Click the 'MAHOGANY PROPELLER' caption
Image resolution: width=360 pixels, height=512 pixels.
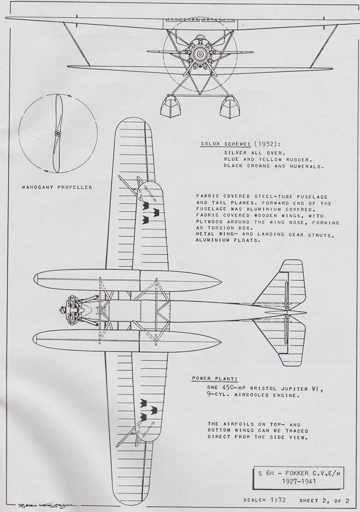[57, 187]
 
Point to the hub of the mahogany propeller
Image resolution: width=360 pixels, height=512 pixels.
[58, 133]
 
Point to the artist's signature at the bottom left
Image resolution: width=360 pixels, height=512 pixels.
[44, 505]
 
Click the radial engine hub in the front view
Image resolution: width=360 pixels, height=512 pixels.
[200, 53]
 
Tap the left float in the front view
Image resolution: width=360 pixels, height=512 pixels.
[170, 107]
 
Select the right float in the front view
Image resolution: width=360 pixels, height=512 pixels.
[229, 107]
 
